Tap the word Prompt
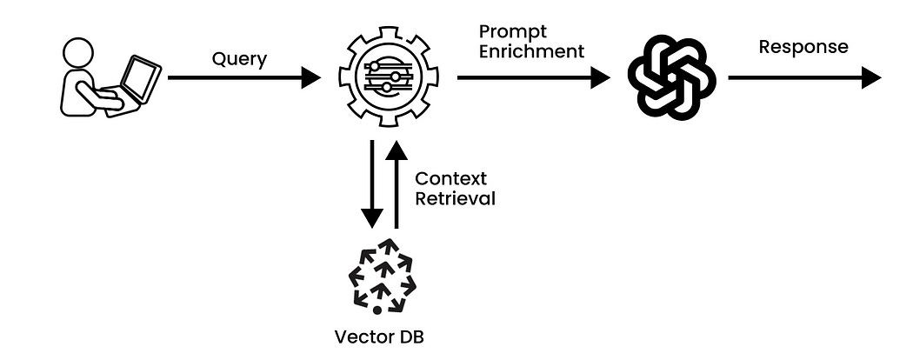point(509,32)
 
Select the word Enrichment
point(531,51)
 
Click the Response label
point(803,46)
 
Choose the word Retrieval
point(455,198)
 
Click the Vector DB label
point(377,337)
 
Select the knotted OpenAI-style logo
point(671,77)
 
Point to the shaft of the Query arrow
point(235,78)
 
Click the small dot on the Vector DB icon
point(377,310)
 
